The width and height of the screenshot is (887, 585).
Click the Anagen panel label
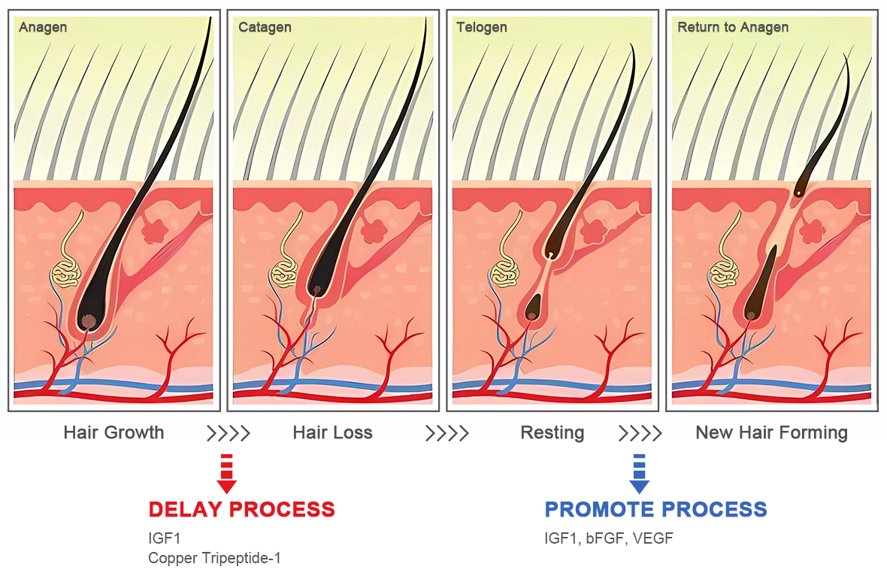(43, 28)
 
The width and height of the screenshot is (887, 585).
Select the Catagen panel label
(265, 28)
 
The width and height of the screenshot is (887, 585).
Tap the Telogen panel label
(482, 28)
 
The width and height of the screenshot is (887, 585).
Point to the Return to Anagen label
(733, 28)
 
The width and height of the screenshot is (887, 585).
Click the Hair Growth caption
(114, 433)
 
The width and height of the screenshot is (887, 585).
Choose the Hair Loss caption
(332, 433)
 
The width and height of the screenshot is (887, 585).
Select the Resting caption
(552, 433)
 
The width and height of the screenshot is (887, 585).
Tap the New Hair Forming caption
(771, 433)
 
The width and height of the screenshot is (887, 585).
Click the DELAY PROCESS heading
(241, 509)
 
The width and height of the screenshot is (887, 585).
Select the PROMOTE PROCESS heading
(655, 509)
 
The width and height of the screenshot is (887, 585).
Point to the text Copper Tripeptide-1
(214, 558)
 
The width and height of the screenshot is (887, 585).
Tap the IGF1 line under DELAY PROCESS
(165, 538)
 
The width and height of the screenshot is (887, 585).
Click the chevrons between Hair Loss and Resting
(447, 433)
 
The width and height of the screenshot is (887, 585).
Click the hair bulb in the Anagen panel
(89, 321)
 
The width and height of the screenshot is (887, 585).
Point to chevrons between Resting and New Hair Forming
(640, 433)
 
